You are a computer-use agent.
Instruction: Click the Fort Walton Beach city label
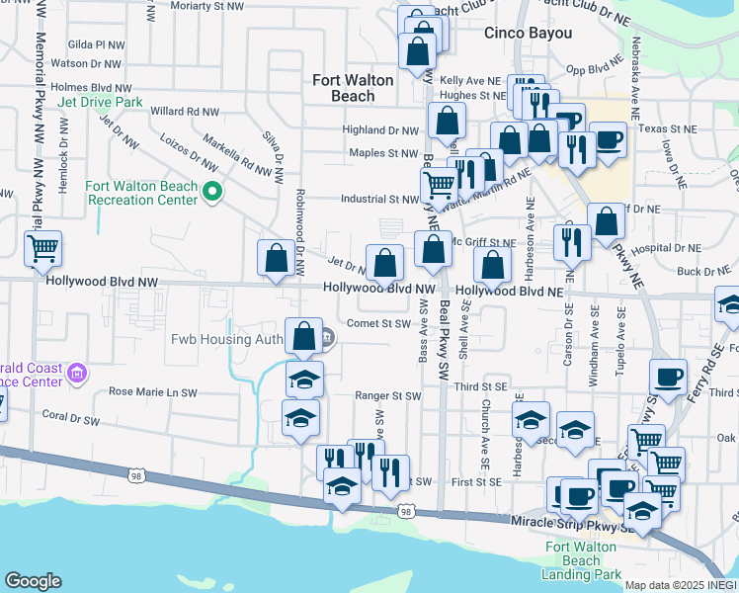[x=353, y=88]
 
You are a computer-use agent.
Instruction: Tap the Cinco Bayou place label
[x=529, y=33]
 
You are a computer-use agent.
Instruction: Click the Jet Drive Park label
[x=100, y=102]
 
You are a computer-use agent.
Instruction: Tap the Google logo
[x=33, y=581]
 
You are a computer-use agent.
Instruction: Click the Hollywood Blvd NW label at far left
[x=102, y=282]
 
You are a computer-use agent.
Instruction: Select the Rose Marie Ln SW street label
[x=153, y=392]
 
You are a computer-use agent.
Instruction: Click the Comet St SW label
[x=377, y=323]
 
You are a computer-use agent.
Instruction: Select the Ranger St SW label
[x=388, y=396]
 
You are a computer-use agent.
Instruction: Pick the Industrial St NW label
[x=380, y=200]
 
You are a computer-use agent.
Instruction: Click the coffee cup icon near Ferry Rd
[x=668, y=378]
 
